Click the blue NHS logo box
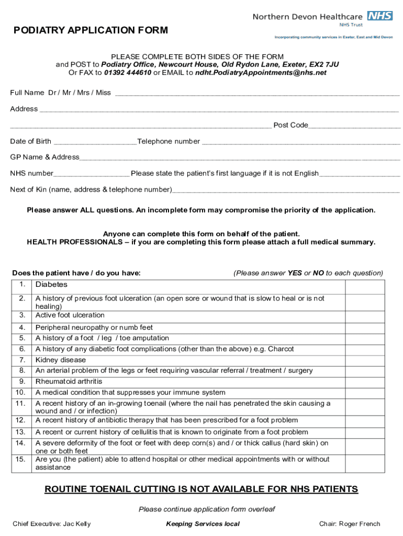[x=379, y=16]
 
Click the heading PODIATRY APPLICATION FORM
[x=91, y=30]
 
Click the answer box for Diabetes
[x=365, y=286]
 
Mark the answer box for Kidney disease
[x=365, y=360]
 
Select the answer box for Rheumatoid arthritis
[x=365, y=382]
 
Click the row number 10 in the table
[x=21, y=393]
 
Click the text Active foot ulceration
[x=70, y=315]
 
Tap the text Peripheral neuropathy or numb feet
[x=94, y=328]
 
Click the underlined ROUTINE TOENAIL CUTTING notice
[x=201, y=489]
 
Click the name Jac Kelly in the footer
[x=79, y=524]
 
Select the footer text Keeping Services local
[x=203, y=524]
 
